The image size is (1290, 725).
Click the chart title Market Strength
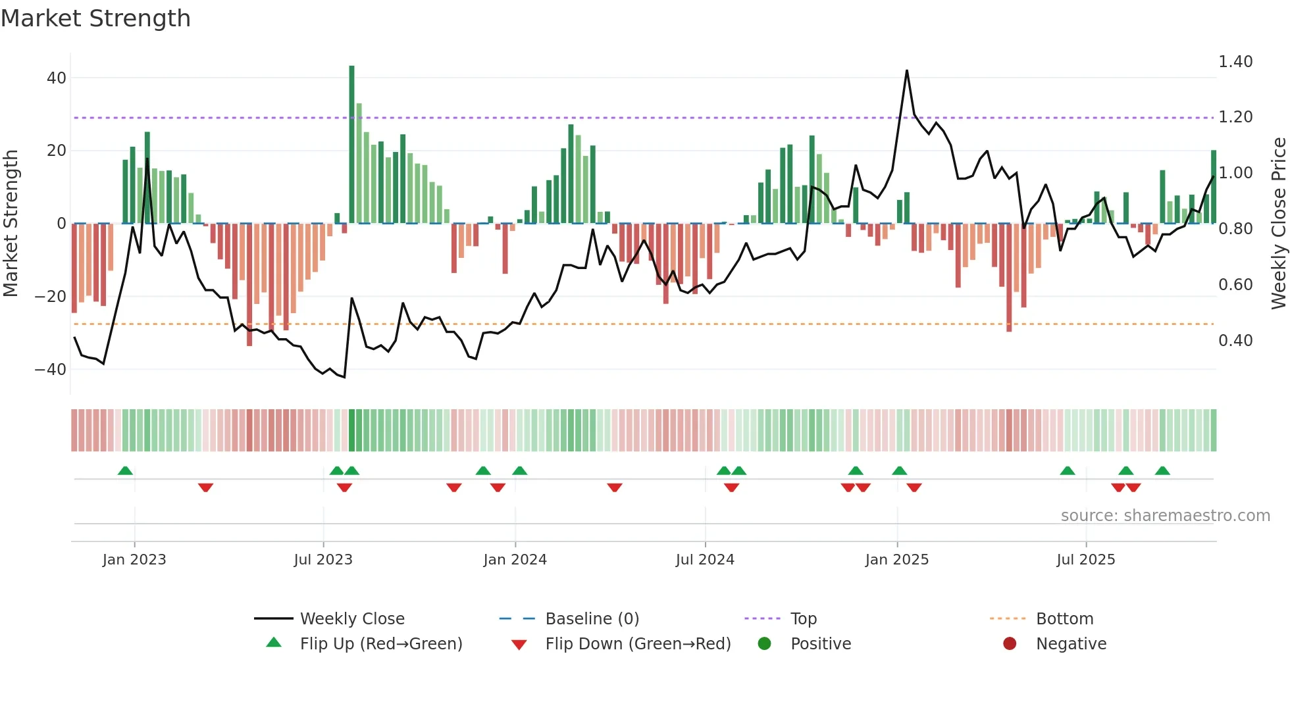(x=95, y=18)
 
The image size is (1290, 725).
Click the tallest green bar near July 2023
(x=351, y=145)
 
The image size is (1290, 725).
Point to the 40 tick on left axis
(x=57, y=78)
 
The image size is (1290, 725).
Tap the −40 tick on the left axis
(x=51, y=369)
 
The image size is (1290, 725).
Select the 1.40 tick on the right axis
(x=1235, y=62)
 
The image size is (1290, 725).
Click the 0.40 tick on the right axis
(x=1235, y=341)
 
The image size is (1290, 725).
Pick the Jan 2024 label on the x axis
(x=515, y=560)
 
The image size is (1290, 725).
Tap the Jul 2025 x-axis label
(x=1085, y=560)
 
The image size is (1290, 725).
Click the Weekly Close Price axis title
(x=1278, y=224)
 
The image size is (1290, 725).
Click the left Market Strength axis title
(x=11, y=224)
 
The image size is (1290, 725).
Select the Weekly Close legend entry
(x=351, y=619)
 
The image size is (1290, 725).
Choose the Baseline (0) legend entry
(x=592, y=619)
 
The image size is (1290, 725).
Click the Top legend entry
(x=803, y=619)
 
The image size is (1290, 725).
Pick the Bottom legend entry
(x=1064, y=619)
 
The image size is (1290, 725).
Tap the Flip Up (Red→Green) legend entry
(x=380, y=644)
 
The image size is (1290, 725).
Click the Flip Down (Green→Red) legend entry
(x=637, y=644)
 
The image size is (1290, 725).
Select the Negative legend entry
(x=1071, y=644)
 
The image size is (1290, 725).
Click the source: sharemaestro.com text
(x=1165, y=516)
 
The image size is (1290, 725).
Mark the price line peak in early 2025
(x=907, y=71)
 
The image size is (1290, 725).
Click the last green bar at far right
(x=1214, y=187)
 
